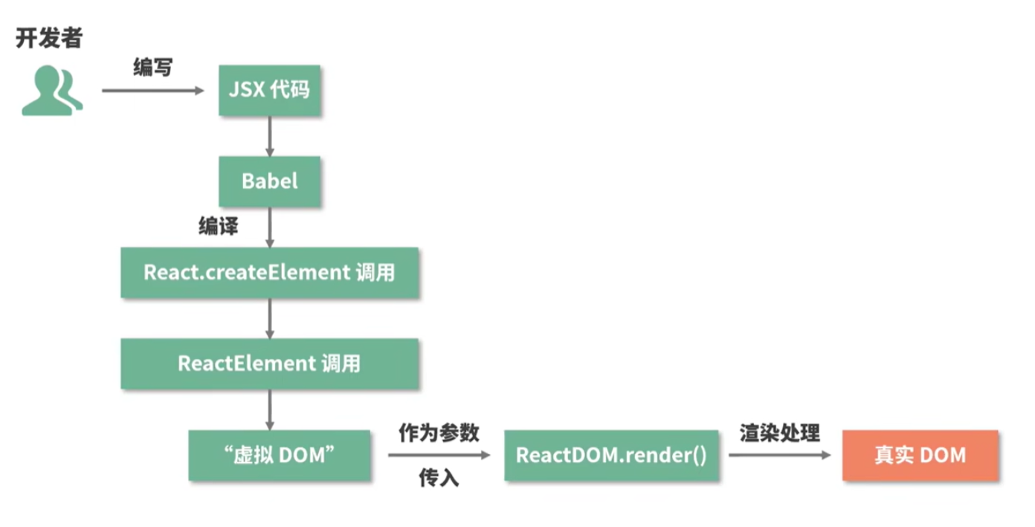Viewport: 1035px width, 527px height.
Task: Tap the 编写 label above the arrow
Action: click(152, 68)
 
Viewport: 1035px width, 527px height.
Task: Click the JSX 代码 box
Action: click(269, 90)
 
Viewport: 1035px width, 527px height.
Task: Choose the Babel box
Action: click(269, 181)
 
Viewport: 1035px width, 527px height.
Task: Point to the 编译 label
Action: click(218, 227)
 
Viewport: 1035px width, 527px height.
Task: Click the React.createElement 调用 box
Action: click(269, 273)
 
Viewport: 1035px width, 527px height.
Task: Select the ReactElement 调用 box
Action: click(269, 363)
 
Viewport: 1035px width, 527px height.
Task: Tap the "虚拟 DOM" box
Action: click(280, 455)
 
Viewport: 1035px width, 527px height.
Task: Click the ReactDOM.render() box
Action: click(611, 455)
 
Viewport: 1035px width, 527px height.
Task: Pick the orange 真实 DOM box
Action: click(920, 455)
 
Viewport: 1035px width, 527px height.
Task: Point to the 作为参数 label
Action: click(439, 433)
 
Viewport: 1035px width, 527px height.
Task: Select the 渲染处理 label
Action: click(779, 433)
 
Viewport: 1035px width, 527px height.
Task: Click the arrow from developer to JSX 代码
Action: click(152, 91)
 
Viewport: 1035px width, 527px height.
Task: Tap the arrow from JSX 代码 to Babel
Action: click(270, 136)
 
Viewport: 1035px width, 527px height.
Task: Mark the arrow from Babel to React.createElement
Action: click(270, 227)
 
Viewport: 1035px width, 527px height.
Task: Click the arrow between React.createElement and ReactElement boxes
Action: click(270, 318)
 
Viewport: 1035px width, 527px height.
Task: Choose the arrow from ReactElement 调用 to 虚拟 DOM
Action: click(270, 409)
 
